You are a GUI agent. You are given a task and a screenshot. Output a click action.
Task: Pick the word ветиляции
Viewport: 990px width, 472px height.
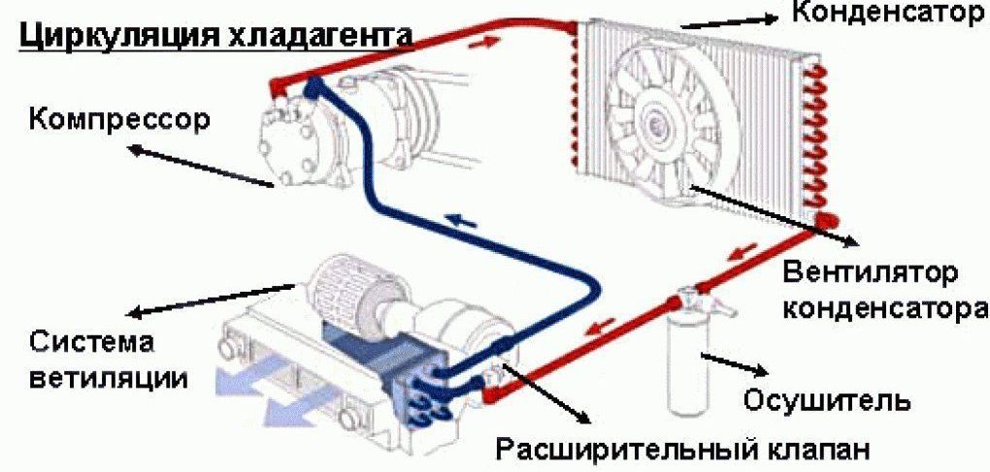[x=107, y=376]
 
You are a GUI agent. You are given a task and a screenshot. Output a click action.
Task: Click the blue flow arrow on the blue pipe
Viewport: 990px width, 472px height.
[x=462, y=221]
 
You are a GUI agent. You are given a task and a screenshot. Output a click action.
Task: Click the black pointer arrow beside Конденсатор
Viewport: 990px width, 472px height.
[x=728, y=19]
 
